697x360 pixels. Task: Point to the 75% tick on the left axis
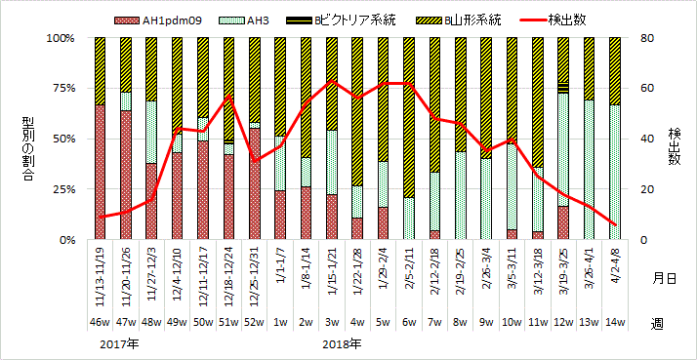[x=61, y=89]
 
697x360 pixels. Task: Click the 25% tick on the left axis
[x=61, y=189]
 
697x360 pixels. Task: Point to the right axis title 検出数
[x=674, y=139]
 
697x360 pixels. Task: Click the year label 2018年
[x=342, y=344]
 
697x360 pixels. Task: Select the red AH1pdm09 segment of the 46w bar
[x=100, y=172]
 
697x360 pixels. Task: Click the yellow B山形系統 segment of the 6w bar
[x=408, y=117]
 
